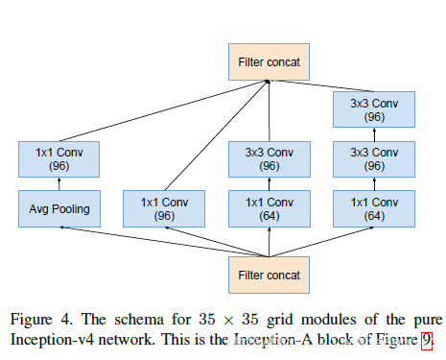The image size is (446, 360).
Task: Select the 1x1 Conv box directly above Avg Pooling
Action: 59,157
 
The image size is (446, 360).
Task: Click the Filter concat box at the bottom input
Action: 269,276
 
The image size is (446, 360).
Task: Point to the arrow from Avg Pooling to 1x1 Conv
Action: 59,182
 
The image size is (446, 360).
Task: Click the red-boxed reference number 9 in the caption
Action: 428,340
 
